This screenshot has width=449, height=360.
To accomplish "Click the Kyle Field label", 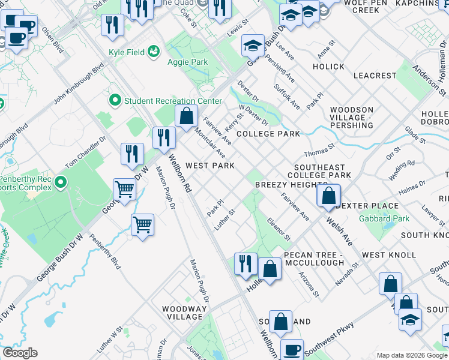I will click(x=127, y=52).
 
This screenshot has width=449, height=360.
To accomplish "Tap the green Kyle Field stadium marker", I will click(x=154, y=52).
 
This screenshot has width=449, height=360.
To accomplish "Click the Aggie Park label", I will click(x=191, y=62).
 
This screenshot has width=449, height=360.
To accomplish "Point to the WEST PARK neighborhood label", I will click(x=209, y=166).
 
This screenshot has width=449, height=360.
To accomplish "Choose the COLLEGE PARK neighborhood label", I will click(x=268, y=134).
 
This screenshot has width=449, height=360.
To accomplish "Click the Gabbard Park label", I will click(x=384, y=218).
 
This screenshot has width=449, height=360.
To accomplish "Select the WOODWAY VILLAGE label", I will click(x=184, y=313).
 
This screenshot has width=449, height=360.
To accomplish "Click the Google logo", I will click(x=20, y=353).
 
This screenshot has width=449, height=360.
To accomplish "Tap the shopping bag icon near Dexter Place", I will click(x=328, y=196).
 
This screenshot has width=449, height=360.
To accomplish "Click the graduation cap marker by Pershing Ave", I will click(x=253, y=46).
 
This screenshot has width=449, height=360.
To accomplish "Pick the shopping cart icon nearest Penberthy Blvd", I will click(x=142, y=226).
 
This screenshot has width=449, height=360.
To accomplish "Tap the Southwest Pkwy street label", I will click(x=330, y=340).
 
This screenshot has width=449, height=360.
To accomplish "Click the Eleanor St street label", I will click(x=279, y=229).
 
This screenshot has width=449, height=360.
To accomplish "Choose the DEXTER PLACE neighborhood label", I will click(x=367, y=206).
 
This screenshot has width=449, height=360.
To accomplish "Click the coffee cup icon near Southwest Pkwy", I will click(x=292, y=349).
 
